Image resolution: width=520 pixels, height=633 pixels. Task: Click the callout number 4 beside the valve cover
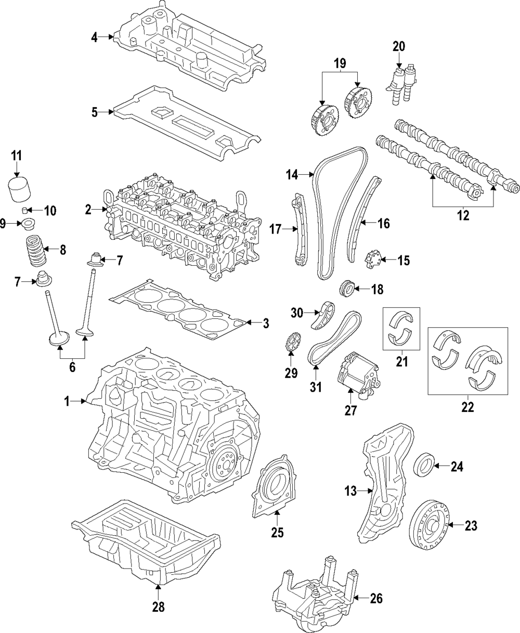94,37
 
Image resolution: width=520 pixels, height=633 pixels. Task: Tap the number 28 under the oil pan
158,606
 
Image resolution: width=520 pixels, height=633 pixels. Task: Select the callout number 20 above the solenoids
398,46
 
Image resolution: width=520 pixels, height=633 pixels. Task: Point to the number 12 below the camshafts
462,215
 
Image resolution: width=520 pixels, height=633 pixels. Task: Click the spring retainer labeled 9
25,225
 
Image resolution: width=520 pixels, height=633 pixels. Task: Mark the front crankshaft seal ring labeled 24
424,464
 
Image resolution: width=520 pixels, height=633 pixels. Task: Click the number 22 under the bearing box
467,408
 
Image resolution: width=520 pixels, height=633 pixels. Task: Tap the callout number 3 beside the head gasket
266,324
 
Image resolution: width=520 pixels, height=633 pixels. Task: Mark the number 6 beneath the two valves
72,367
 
